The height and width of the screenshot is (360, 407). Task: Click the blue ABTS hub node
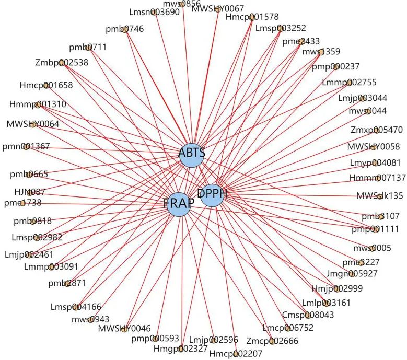(192, 155)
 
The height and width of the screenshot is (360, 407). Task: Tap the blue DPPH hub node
(212, 195)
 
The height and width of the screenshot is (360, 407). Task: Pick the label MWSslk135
(379, 196)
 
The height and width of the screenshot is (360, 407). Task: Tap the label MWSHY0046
(124, 328)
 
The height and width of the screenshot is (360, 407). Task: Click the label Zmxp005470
(377, 130)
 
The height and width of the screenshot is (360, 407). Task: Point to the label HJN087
(30, 192)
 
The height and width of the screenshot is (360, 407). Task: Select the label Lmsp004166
(76, 307)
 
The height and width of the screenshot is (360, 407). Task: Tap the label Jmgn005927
(352, 273)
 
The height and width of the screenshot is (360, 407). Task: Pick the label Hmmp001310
(38, 104)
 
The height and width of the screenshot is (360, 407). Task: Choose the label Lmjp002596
(213, 339)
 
